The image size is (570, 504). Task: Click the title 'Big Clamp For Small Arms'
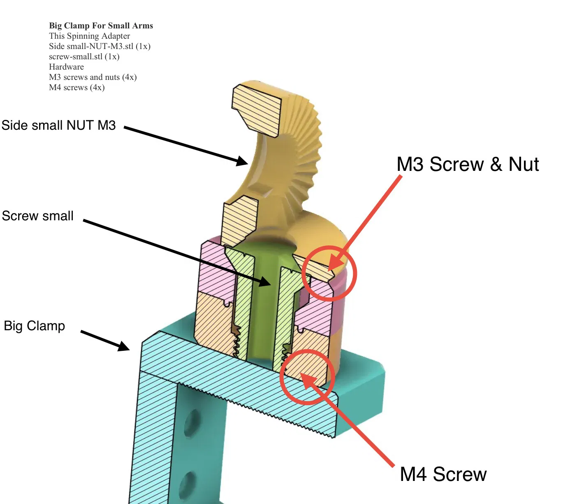tap(101, 26)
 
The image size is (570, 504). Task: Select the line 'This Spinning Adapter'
tap(89, 36)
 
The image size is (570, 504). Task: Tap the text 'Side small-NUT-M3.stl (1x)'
tap(100, 46)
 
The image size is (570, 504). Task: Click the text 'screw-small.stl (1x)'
tap(84, 56)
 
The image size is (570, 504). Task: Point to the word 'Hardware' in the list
tap(66, 67)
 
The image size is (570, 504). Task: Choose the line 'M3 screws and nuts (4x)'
tap(93, 77)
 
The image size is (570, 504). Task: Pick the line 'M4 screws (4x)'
tap(76, 87)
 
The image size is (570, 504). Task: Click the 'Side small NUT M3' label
tap(58, 125)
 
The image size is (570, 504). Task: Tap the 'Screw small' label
tap(37, 216)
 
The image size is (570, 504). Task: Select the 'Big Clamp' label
tap(34, 326)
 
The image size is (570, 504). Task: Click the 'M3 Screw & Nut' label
tap(467, 164)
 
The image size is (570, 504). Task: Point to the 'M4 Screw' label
tap(443, 474)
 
